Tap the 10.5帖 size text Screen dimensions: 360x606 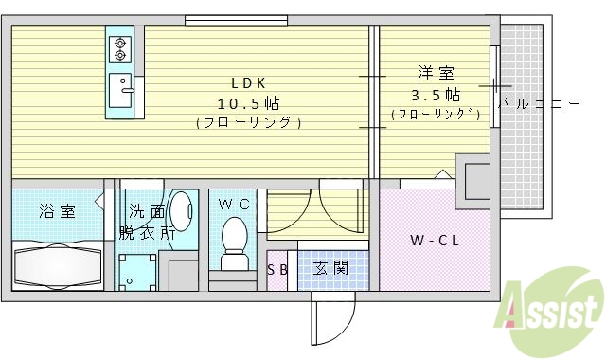click(x=249, y=102)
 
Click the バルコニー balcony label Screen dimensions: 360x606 click(x=539, y=103)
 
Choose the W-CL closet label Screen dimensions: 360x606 click(x=435, y=240)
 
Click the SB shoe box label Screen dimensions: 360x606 click(x=277, y=269)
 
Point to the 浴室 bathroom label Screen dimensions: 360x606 click(x=57, y=210)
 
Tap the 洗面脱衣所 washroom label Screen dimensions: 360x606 click(x=146, y=220)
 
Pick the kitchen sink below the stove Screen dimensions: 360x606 click(x=120, y=91)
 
